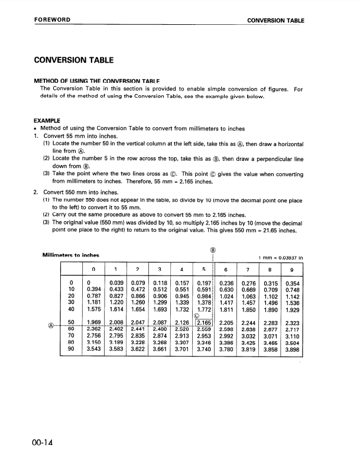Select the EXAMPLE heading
coord(48,120)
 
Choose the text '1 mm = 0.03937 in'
coord(282,257)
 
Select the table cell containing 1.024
coord(226,292)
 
